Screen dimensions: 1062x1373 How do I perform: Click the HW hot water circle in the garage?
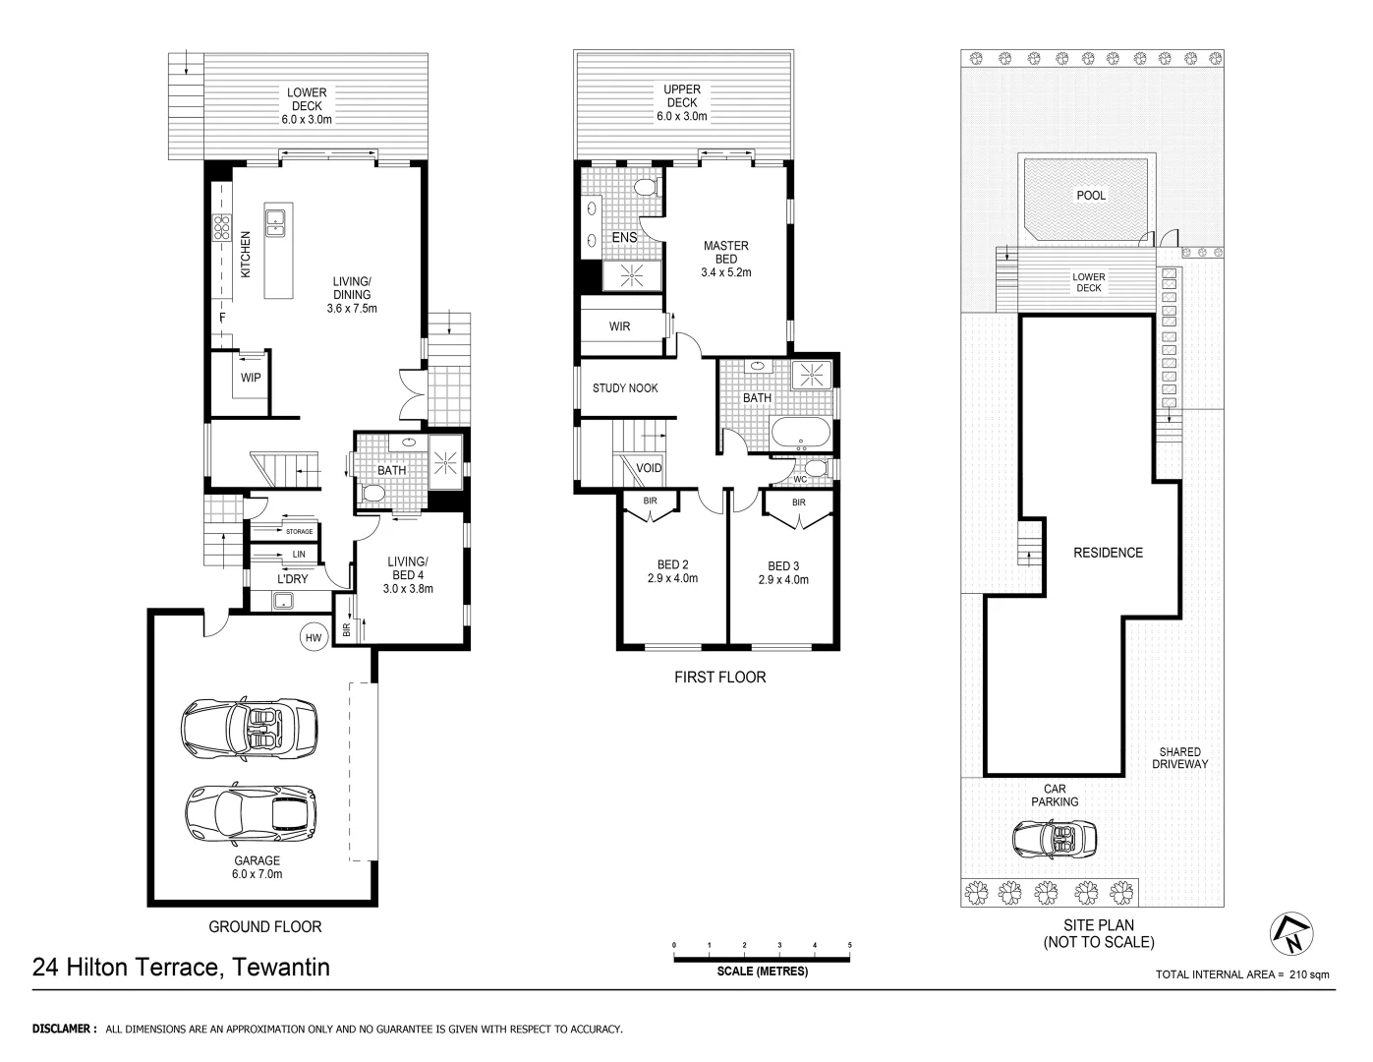click(x=314, y=638)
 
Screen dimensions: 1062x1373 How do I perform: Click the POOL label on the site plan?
click(x=1091, y=196)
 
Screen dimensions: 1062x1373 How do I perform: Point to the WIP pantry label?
click(x=251, y=378)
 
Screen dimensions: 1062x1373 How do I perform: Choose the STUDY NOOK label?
click(x=625, y=388)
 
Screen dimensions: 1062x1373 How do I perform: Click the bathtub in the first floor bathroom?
click(x=801, y=433)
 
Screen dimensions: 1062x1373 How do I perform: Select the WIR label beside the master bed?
click(x=619, y=326)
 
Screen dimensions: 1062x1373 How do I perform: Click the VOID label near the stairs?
click(x=649, y=468)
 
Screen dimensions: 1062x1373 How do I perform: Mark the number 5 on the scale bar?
click(x=850, y=945)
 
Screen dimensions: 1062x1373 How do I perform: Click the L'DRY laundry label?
click(x=292, y=579)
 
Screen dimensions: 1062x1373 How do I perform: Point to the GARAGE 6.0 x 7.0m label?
click(x=257, y=867)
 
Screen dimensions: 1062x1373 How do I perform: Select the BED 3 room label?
click(x=783, y=572)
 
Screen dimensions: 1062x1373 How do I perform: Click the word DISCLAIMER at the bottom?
click(x=64, y=1030)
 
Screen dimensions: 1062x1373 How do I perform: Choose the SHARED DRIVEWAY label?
click(x=1179, y=757)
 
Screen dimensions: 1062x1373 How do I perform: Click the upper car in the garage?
click(x=250, y=730)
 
